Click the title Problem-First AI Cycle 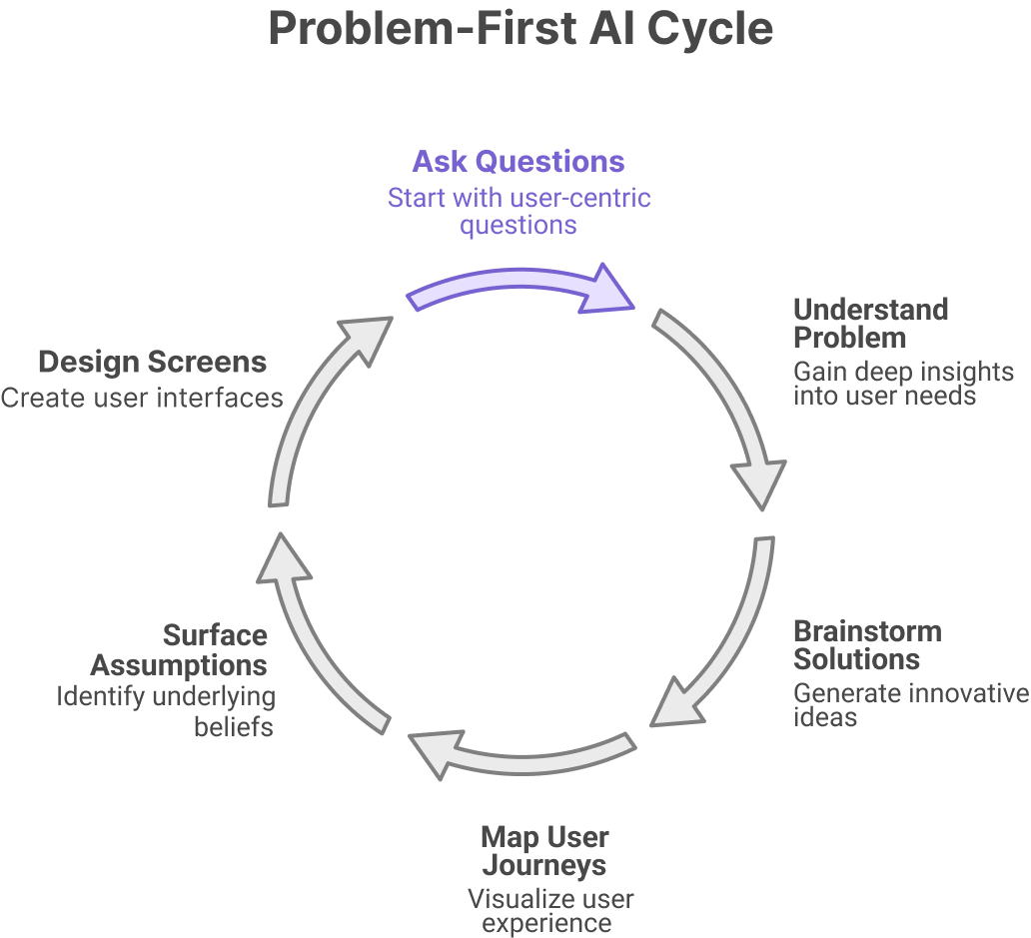pos(520,29)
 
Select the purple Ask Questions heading pos(518,162)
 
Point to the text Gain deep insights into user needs pos(903,384)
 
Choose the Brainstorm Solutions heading pos(866,645)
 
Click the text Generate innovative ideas pos(910,704)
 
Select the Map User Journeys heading pos(544,849)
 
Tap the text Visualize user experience pos(549,911)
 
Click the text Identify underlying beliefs pos(166,710)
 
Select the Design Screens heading pos(152,361)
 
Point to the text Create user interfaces pos(142,398)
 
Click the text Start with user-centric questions pos(518,211)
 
